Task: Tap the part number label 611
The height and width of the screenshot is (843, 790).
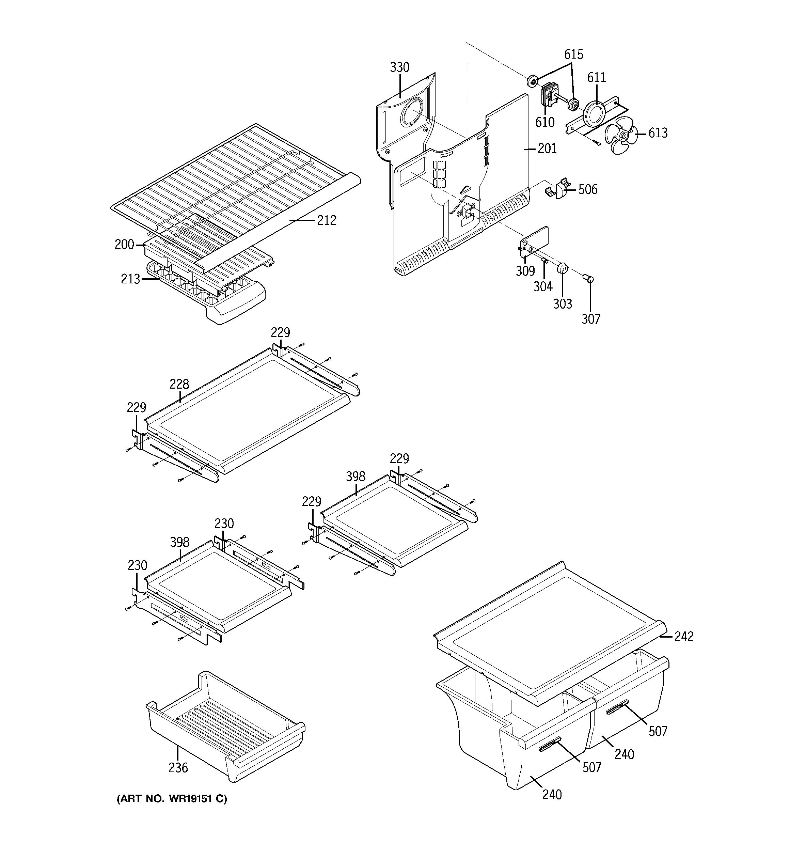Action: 597,77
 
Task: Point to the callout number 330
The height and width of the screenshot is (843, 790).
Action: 399,67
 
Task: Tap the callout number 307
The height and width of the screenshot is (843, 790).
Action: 591,319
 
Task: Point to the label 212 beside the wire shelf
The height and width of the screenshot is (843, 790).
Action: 327,220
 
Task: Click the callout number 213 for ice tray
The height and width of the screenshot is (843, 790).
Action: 130,279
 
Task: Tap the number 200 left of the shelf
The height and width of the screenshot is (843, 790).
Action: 124,245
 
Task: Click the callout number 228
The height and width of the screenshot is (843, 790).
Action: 179,384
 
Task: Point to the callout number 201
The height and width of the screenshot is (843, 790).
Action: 547,149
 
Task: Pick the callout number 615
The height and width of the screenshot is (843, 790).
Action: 573,54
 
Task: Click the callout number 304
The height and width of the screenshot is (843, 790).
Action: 543,287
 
